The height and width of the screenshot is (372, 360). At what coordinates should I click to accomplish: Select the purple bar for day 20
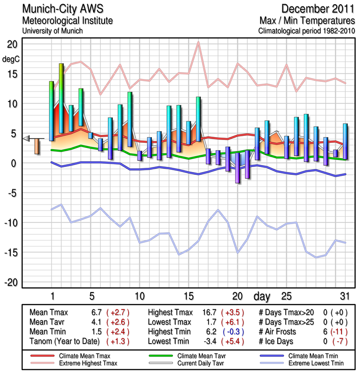pos(238,167)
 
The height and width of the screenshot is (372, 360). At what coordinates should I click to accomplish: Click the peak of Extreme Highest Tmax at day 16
pos(198,42)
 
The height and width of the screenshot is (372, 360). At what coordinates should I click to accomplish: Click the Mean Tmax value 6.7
pos(97,312)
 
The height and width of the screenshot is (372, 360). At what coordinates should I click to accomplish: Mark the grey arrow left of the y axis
pos(27,138)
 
